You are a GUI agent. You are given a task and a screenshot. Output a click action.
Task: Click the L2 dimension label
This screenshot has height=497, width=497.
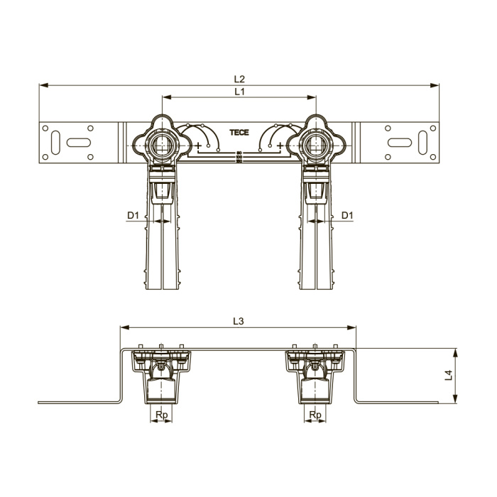240,79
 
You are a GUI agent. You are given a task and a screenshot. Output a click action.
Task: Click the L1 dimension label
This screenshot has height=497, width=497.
240,92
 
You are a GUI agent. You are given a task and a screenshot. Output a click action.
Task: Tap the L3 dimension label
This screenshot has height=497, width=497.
239,322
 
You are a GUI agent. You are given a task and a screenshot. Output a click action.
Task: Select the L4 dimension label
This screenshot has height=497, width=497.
449,376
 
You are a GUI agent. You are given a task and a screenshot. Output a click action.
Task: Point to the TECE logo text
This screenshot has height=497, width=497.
239,133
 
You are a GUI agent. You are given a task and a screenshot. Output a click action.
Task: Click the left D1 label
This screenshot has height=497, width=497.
133,216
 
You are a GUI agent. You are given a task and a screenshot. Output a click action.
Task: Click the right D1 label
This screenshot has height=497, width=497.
347,216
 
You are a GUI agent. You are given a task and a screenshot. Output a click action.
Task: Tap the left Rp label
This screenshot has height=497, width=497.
162,415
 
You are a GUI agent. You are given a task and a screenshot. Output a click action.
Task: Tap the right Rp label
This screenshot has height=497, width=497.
315,415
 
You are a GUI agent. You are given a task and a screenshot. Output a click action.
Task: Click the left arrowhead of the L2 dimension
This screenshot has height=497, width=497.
43,85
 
